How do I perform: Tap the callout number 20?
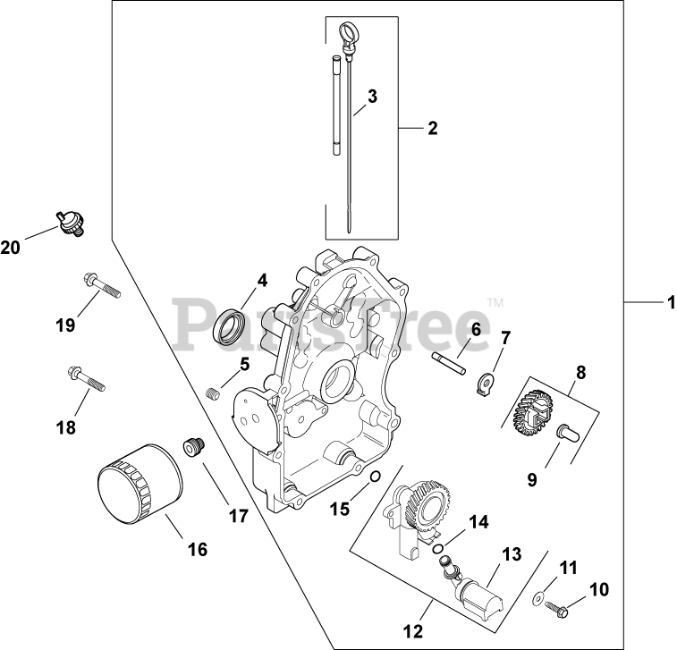pyautogui.click(x=10, y=248)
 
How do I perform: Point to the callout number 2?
pyautogui.click(x=431, y=128)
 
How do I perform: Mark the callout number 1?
pyautogui.click(x=668, y=303)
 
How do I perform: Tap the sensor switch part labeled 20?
pyautogui.click(x=67, y=222)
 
